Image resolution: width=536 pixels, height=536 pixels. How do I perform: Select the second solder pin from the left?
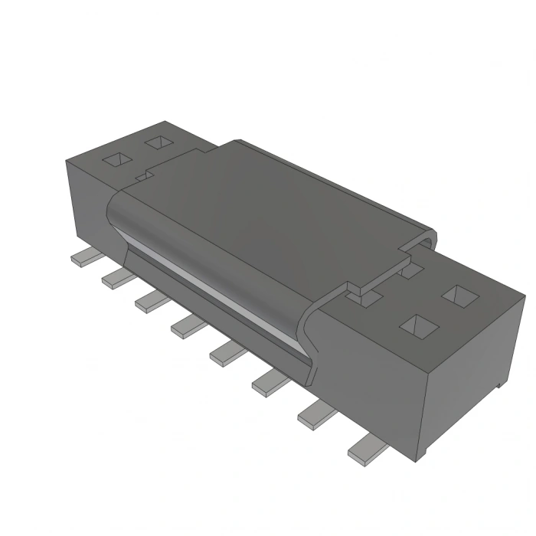tap(116, 277)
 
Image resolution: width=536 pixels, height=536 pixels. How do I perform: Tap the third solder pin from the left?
tap(150, 301)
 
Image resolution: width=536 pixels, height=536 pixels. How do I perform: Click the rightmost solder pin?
tap(365, 447)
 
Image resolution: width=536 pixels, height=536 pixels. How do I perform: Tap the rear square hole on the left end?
tap(158, 142)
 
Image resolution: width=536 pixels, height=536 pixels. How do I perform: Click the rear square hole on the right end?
tap(459, 295)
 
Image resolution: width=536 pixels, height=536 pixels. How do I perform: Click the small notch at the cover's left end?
tap(142, 175)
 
